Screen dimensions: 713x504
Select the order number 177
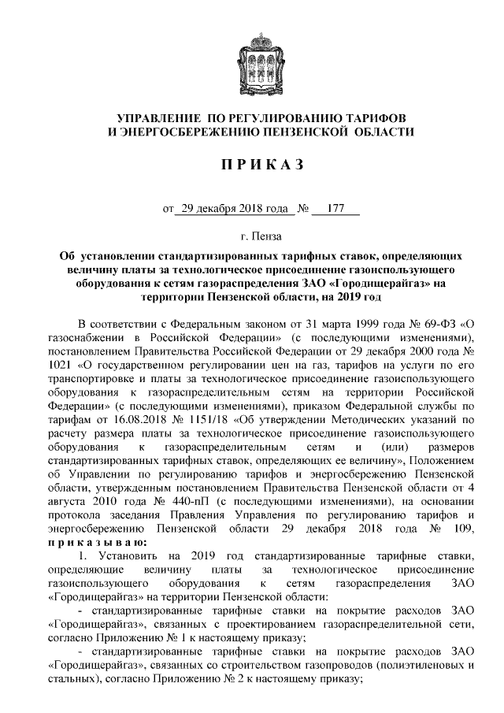[x=335, y=210]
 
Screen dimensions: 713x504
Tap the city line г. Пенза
[x=261, y=236]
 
